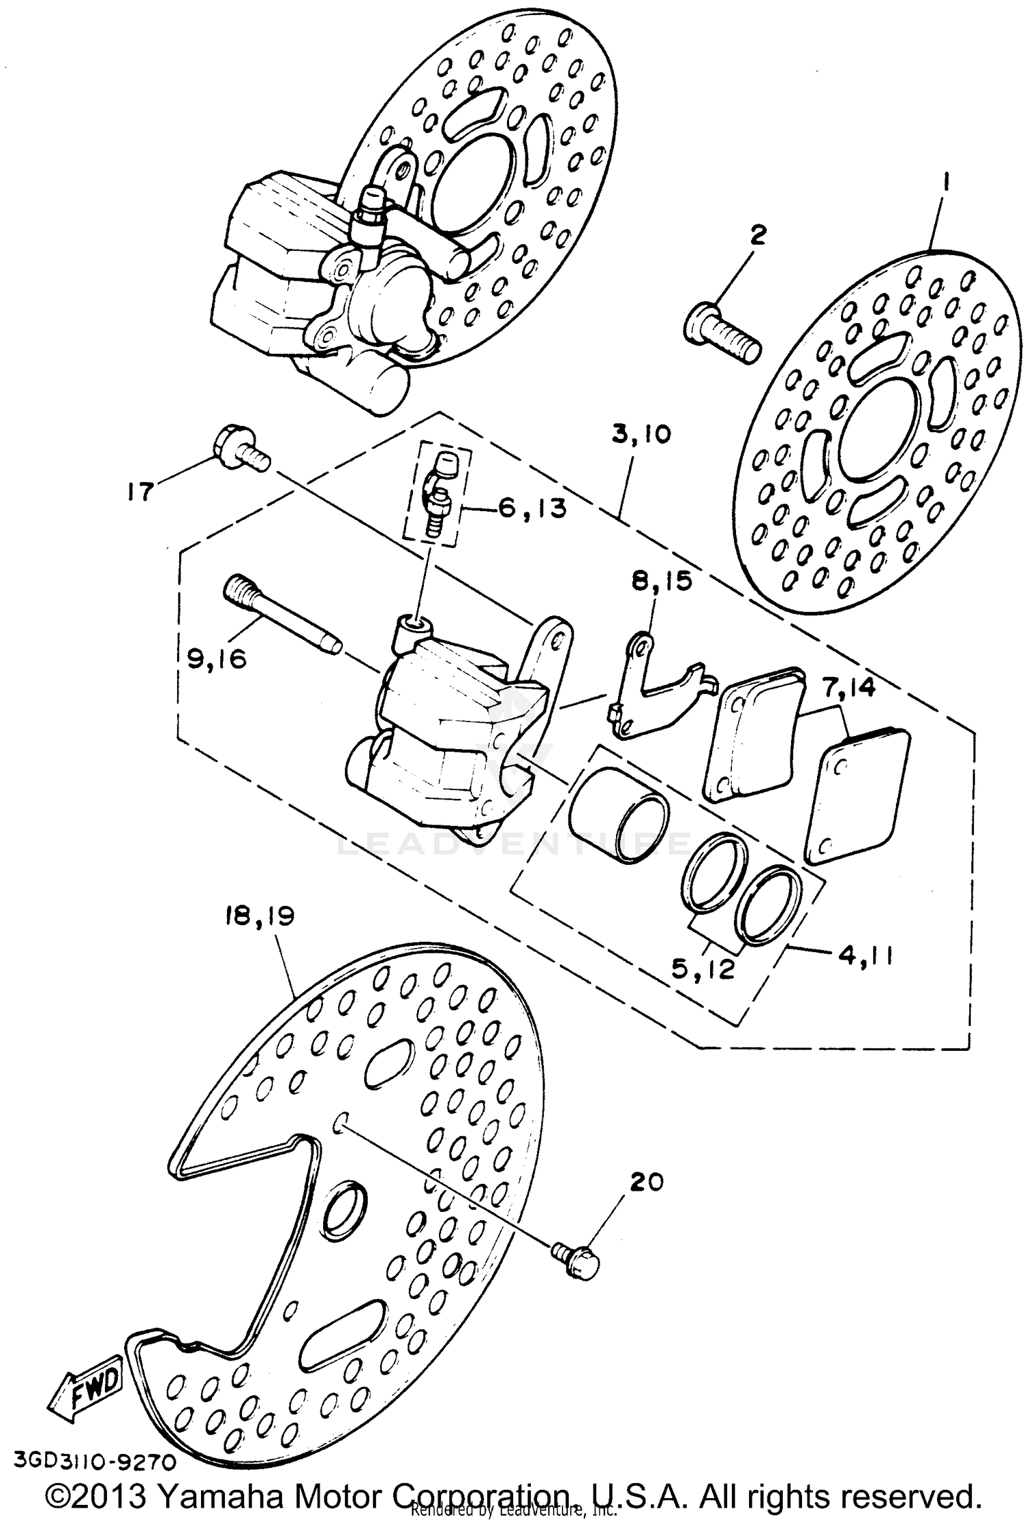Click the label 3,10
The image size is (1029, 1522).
tap(641, 434)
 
